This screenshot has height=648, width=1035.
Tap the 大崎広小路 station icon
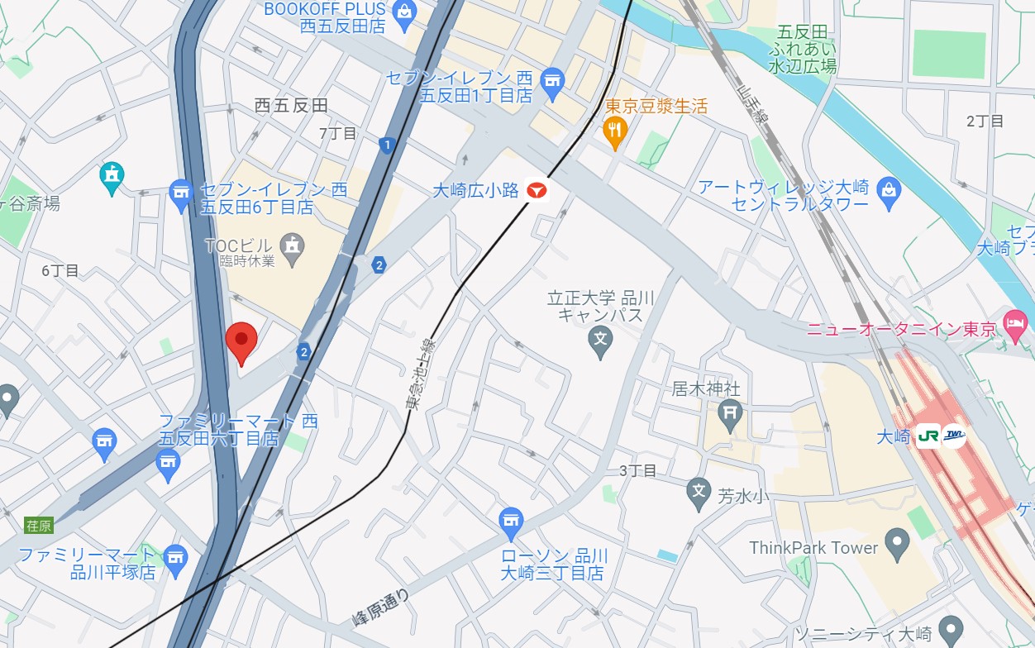tap(537, 191)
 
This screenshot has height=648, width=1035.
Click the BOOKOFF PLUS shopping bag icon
tap(405, 11)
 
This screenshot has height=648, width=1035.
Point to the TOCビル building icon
tap(292, 246)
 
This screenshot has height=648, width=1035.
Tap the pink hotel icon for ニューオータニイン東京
tap(1014, 329)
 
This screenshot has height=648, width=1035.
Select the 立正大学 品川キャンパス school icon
tap(601, 339)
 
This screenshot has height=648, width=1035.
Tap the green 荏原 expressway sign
tap(39, 525)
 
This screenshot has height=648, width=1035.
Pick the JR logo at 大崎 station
tap(928, 436)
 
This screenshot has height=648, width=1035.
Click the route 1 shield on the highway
tap(386, 146)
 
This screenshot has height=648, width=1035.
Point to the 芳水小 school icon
tap(699, 493)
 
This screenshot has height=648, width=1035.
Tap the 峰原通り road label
tap(380, 607)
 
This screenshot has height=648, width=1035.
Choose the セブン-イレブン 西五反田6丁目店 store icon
tap(181, 196)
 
